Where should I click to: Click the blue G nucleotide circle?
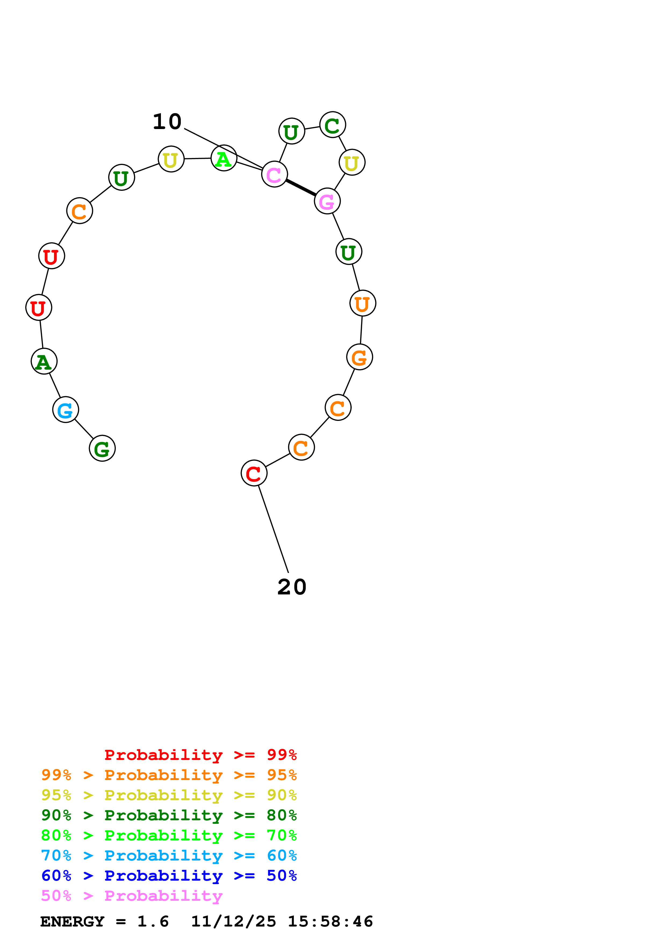tap(65, 409)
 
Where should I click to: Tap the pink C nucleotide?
tap(274, 174)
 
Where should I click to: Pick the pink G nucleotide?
tap(327, 201)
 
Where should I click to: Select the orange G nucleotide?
tap(359, 357)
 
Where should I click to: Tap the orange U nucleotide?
tap(363, 303)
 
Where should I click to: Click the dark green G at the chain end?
tap(102, 448)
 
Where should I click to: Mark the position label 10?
tap(167, 122)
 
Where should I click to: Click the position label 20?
tap(292, 587)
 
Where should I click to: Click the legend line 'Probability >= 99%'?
tap(200, 755)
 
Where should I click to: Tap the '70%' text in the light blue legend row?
tap(56, 855)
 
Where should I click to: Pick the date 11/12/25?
tap(233, 921)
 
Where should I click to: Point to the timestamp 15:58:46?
tap(330, 921)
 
